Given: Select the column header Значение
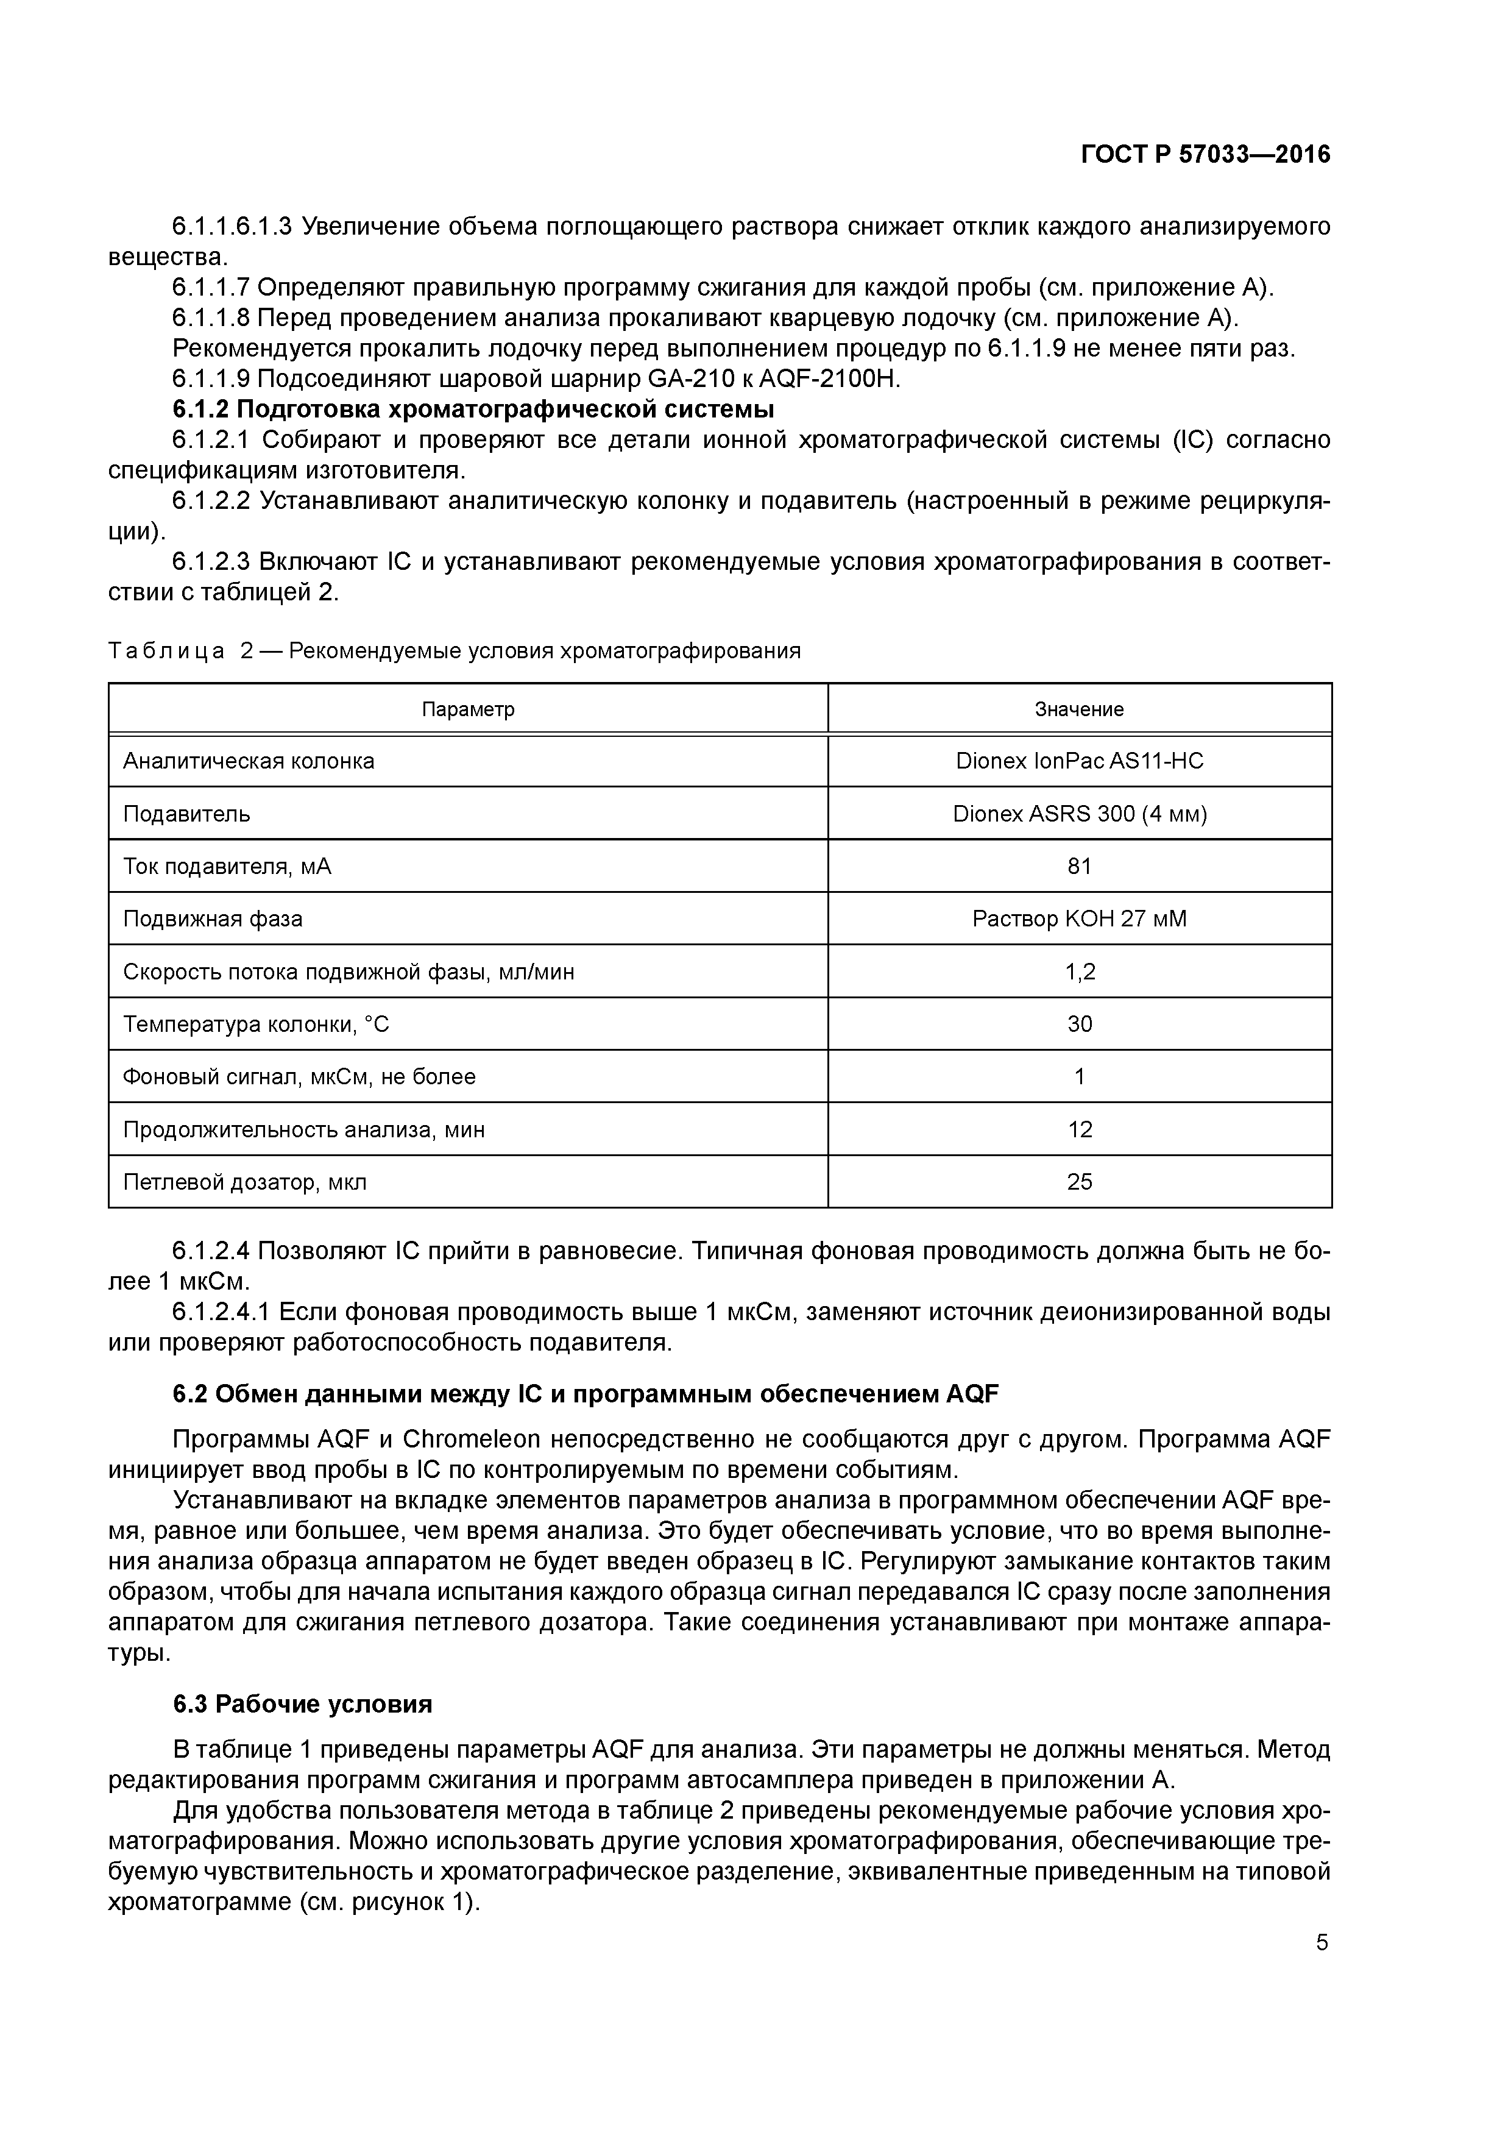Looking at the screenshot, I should pyautogui.click(x=1079, y=709).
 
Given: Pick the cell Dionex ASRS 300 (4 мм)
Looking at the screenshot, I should pyautogui.click(x=1079, y=814).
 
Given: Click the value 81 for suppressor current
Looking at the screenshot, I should pyautogui.click(x=1079, y=866).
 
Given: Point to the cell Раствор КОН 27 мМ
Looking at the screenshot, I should pyautogui.click(x=1079, y=919).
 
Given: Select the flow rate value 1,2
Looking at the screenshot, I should pyautogui.click(x=1079, y=972).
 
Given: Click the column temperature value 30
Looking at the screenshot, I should pyautogui.click(x=1079, y=1025).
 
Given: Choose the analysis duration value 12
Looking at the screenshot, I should pyautogui.click(x=1079, y=1129).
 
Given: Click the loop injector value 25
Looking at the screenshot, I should pyautogui.click(x=1079, y=1182).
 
